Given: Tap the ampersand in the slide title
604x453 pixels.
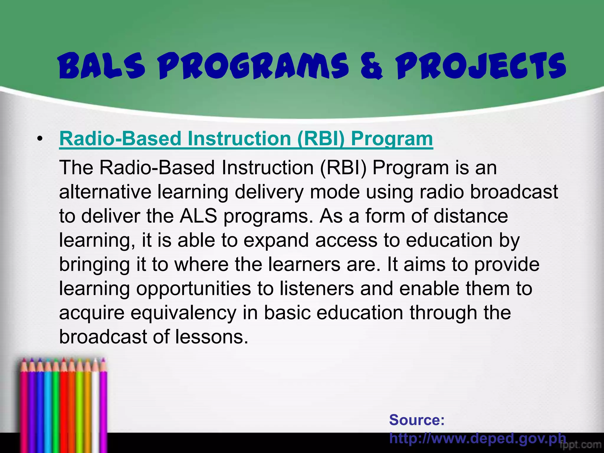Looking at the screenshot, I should (x=372, y=67).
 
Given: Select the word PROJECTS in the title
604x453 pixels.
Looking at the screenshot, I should (x=480, y=66).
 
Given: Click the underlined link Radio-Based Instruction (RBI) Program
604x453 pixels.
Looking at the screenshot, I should (x=246, y=139).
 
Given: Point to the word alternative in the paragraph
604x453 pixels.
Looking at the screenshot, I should (x=105, y=192).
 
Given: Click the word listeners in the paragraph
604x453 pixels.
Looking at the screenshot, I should (x=317, y=288).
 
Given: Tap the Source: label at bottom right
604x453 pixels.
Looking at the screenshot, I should (x=417, y=420).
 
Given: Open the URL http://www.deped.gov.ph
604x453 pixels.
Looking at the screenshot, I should (x=477, y=438).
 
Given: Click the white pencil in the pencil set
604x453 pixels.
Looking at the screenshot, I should (x=96, y=407).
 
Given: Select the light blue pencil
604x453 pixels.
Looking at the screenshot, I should (x=47, y=407).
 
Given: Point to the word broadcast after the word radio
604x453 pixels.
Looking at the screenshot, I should (x=514, y=192).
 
